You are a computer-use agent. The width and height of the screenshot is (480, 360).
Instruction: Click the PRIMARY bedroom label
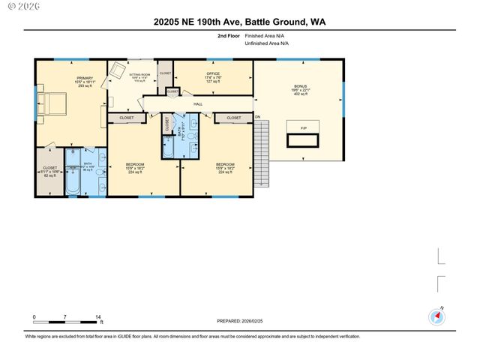point(84,80)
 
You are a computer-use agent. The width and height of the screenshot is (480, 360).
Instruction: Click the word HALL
point(198,104)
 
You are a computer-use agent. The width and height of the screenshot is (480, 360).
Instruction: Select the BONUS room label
point(300,87)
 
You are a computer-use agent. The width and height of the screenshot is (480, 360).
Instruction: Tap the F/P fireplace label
point(304,129)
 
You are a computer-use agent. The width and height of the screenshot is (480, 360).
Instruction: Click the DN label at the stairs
point(257,118)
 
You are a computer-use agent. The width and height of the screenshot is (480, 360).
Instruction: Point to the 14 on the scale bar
point(98,317)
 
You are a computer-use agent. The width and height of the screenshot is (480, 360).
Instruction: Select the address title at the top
point(239,21)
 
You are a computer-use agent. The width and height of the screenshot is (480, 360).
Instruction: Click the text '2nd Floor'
point(229,36)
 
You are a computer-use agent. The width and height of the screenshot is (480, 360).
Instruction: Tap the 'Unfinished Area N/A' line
point(266,43)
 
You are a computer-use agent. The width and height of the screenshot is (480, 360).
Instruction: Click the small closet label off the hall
point(172,91)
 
